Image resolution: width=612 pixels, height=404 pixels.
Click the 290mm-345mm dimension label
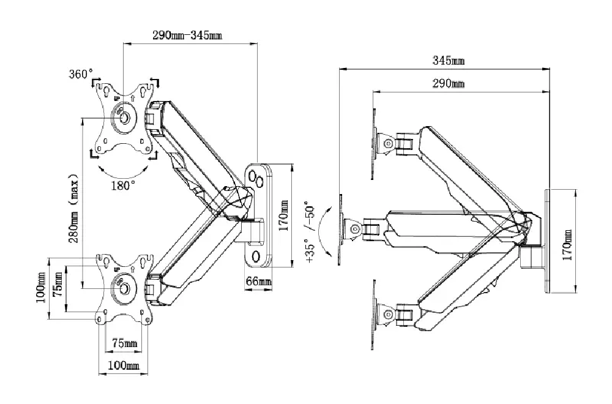click(x=187, y=36)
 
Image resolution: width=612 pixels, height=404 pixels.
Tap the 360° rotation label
click(x=81, y=74)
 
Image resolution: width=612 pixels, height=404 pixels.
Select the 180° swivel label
click(x=123, y=185)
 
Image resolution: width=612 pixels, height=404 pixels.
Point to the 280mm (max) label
click(x=73, y=208)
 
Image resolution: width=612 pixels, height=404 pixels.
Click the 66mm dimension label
click(x=258, y=282)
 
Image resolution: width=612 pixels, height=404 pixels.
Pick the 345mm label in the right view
click(x=449, y=61)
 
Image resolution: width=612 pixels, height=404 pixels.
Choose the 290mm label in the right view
click(x=449, y=83)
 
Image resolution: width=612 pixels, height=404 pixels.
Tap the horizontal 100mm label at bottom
click(x=124, y=365)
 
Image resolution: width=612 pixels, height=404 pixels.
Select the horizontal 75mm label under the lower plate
click(x=124, y=343)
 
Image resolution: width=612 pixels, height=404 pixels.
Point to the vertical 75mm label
click(x=58, y=282)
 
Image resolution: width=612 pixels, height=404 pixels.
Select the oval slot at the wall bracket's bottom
click(x=256, y=255)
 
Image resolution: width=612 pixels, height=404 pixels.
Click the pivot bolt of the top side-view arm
click(x=387, y=143)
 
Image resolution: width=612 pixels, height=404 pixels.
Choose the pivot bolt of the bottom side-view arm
click(x=387, y=315)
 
